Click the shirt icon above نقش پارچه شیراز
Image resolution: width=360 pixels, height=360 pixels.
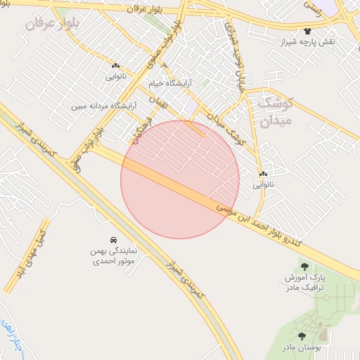click(307, 32)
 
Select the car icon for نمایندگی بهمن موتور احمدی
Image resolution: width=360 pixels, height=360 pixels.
click(114, 240)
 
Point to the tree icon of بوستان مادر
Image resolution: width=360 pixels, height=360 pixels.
click(302, 336)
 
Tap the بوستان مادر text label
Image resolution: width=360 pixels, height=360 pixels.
click(302, 347)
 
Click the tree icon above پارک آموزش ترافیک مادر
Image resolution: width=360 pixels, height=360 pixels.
click(304, 266)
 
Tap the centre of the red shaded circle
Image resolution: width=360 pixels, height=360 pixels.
click(180, 180)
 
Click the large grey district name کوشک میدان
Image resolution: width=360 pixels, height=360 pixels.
click(262, 112)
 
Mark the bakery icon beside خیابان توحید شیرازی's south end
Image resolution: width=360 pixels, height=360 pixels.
click(264, 174)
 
